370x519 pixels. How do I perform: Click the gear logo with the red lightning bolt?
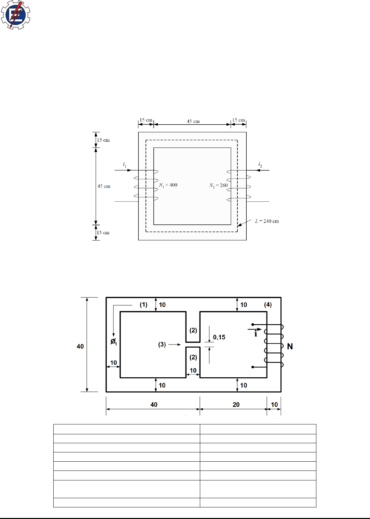tap(15, 15)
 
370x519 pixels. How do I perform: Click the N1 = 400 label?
tap(168, 185)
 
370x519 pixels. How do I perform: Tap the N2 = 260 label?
tap(218, 186)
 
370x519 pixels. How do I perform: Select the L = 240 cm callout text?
tap(267, 221)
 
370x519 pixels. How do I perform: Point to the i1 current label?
tap(125, 165)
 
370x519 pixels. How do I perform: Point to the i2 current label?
tap(260, 165)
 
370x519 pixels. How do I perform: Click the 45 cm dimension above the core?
tap(193, 121)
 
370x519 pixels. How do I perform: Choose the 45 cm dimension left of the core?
tap(104, 186)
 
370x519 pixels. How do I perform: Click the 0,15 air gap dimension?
tap(219, 337)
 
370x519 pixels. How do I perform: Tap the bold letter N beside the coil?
tap(290, 346)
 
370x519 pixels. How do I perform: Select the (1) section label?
tap(143, 305)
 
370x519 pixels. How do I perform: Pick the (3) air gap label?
tap(162, 345)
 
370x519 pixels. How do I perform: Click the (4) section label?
tap(268, 305)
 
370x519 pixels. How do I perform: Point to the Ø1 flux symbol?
tap(113, 342)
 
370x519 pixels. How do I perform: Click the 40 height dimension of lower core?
tap(80, 346)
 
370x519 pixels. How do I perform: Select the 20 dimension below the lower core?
tap(236, 405)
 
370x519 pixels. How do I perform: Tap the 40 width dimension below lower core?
tap(154, 405)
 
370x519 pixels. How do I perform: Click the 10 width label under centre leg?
tap(193, 370)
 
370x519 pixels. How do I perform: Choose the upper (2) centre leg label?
tap(193, 330)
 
